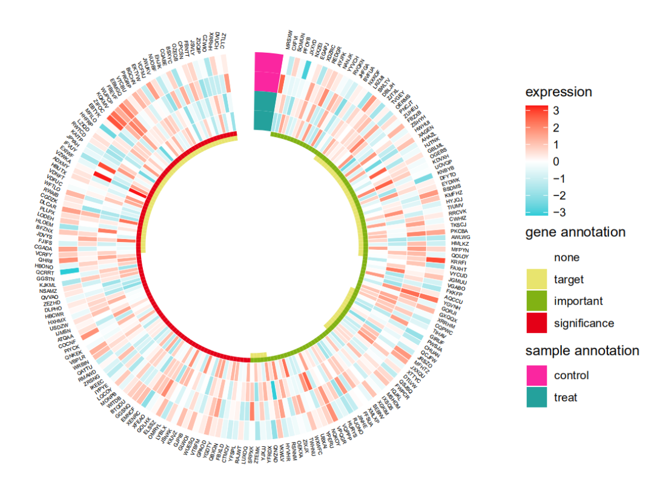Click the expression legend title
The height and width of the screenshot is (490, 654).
(558, 92)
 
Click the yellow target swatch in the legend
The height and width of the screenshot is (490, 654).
(536, 280)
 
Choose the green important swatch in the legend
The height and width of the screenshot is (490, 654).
(536, 301)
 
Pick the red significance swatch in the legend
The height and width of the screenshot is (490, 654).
(536, 323)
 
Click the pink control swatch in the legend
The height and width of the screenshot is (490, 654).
(536, 375)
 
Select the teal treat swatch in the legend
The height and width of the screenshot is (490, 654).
(536, 397)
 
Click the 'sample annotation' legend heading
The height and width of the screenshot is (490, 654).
(582, 351)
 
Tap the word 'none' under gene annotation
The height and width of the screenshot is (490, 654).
(567, 258)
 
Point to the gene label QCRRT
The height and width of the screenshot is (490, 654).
(45, 272)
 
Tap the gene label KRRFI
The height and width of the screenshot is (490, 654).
(459, 262)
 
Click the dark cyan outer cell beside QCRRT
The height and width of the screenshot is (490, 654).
(69, 271)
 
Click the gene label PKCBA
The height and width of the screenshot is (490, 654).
(460, 231)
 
